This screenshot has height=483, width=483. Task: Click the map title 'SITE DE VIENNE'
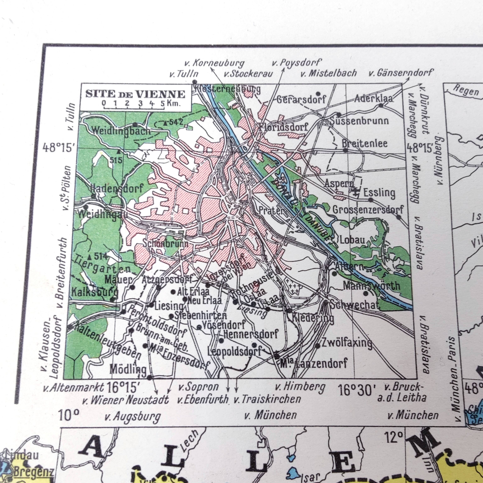pyautogui.click(x=135, y=94)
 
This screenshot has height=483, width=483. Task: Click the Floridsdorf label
pyautogui.click(x=283, y=127)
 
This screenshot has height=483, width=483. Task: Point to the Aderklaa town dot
pyautogui.click(x=381, y=105)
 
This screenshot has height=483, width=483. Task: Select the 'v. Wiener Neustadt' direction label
pyautogui.click(x=126, y=400)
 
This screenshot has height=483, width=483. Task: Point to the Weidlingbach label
pyautogui.click(x=121, y=130)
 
